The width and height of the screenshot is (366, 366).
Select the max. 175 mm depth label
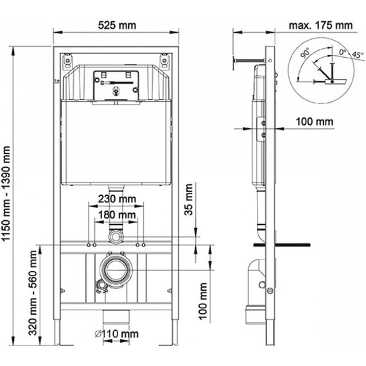321,26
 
